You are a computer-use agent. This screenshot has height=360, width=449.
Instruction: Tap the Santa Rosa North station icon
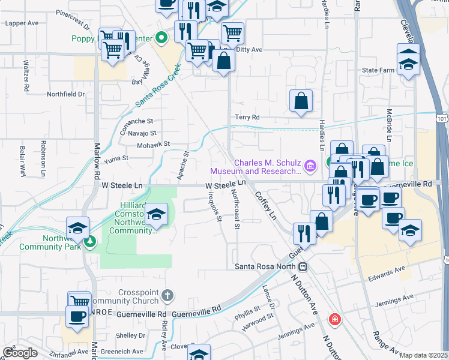point(304,266)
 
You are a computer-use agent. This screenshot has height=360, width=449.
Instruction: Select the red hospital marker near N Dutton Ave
point(334,319)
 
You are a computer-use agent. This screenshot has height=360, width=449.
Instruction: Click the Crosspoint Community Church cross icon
point(167,295)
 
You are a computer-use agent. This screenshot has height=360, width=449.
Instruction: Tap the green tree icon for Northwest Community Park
point(90,242)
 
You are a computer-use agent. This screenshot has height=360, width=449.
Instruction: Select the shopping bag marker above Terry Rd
point(301,101)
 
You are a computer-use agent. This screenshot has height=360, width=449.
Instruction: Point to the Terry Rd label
point(247,117)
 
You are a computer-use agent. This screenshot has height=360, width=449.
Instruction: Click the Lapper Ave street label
point(22,23)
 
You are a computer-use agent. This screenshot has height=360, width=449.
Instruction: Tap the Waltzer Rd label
point(26,75)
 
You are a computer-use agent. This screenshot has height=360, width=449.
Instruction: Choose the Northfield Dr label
point(66,94)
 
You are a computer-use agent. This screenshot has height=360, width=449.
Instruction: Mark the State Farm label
point(378,70)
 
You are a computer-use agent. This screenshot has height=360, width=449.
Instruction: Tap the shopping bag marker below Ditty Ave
point(223,61)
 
